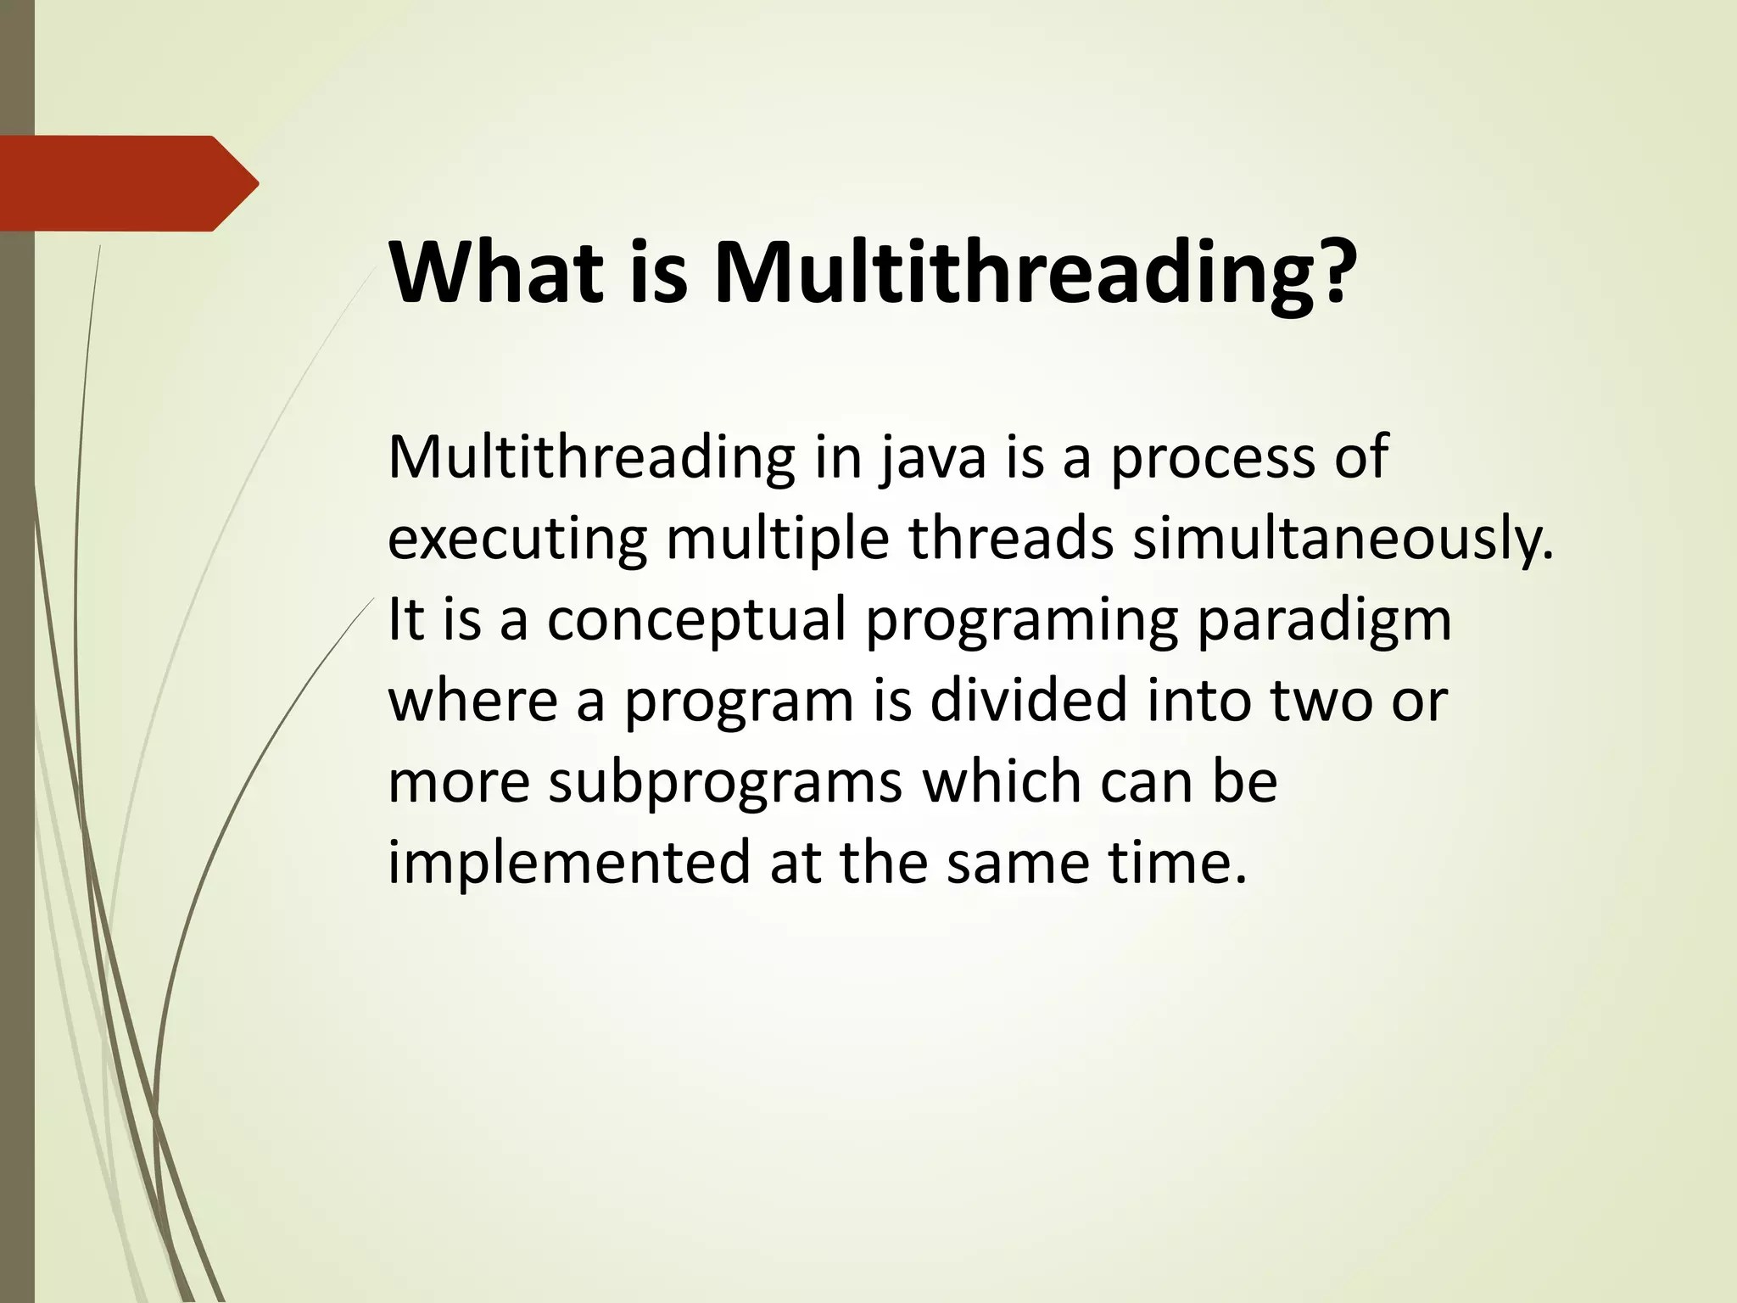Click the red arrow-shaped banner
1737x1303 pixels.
pos(127,183)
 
